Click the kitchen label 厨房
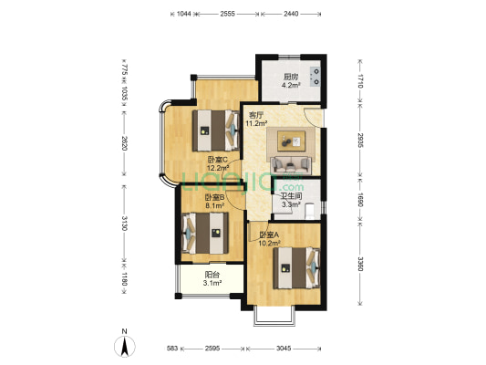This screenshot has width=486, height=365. point(291,77)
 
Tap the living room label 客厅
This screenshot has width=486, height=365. point(256,115)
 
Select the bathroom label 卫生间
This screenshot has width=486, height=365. point(291,196)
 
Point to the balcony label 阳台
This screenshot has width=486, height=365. point(212,275)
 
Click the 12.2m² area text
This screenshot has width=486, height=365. point(218,168)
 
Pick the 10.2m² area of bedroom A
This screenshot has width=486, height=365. point(269,244)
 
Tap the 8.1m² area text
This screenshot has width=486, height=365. point(215,205)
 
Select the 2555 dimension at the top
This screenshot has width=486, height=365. point(228,14)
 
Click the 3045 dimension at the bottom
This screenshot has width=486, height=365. point(284,349)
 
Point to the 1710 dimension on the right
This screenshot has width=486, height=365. point(360,81)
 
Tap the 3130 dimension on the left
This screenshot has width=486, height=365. point(124,224)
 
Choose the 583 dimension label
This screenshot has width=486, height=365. point(172,349)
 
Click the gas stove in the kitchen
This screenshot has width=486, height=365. point(315,77)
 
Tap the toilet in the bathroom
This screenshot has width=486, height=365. point(309,210)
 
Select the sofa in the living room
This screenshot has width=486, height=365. point(291,165)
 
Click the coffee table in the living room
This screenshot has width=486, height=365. point(291,141)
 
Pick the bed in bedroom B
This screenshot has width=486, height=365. point(205,234)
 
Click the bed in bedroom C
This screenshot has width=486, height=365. point(216,130)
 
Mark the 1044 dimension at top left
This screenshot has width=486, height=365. point(184,14)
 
